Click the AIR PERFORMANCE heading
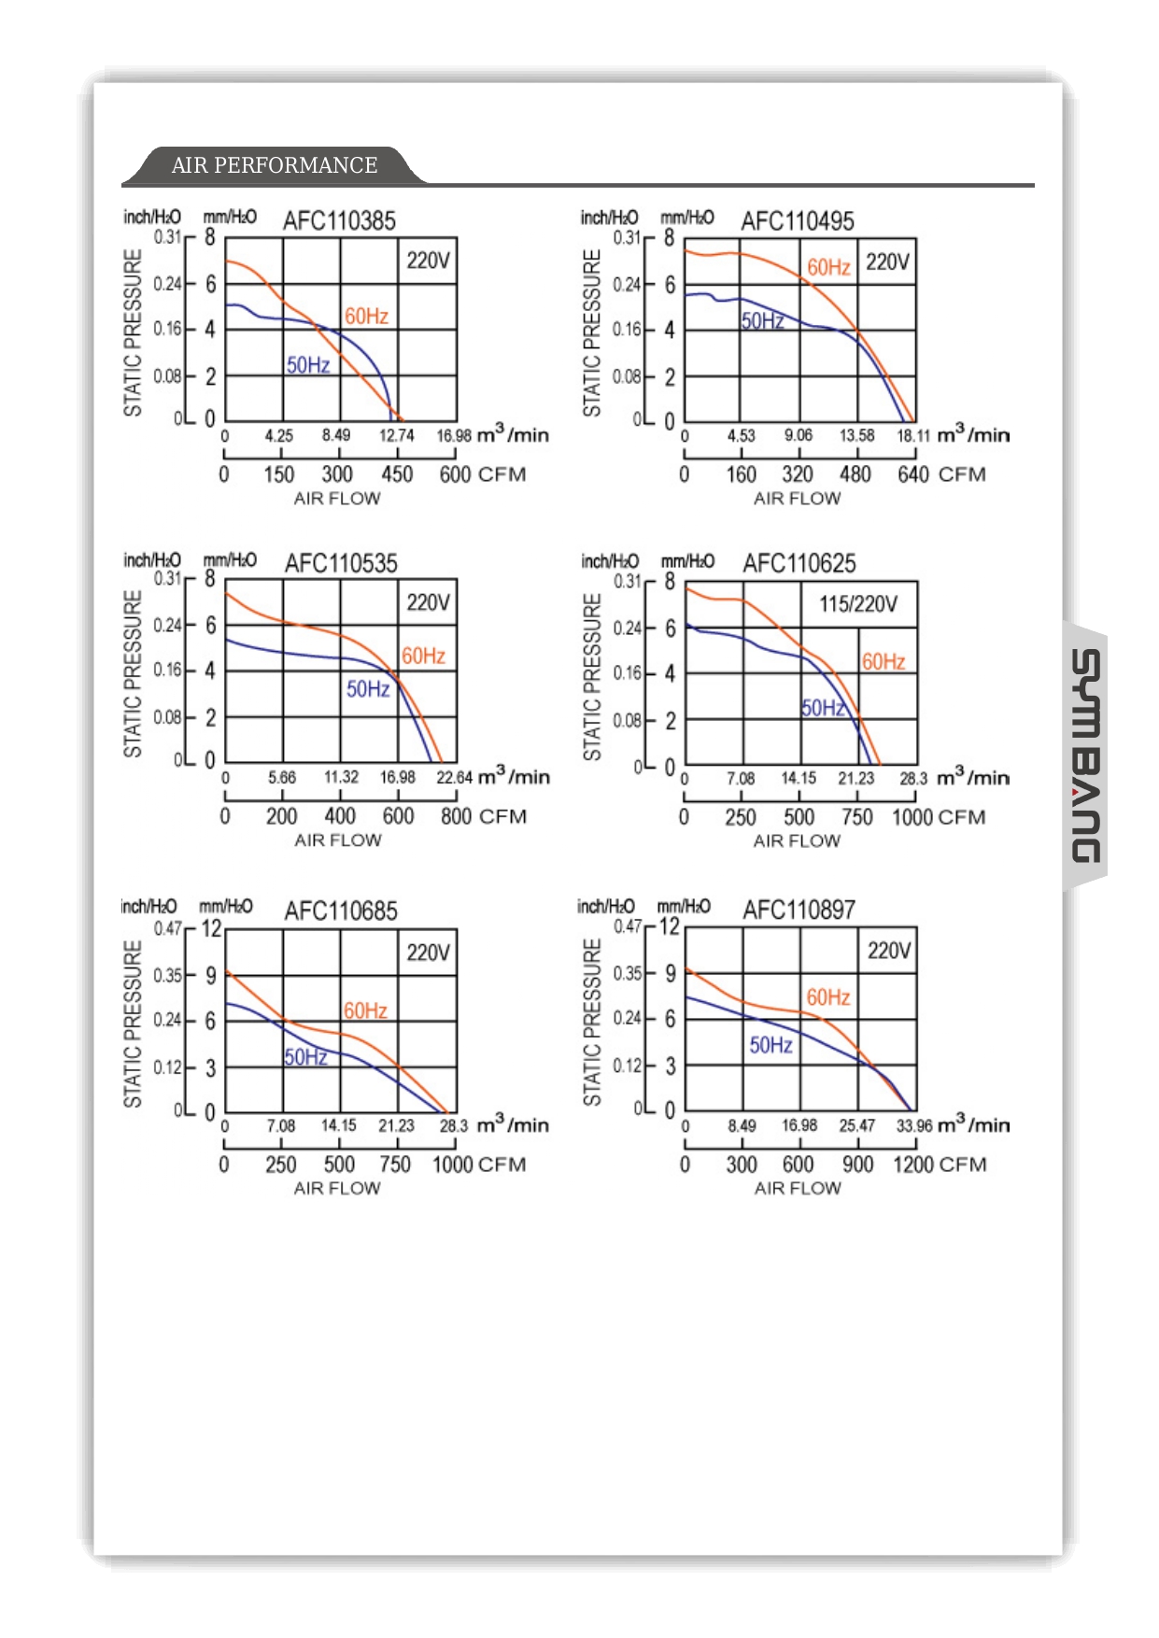(275, 165)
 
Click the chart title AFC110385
(339, 221)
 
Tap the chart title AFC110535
(341, 564)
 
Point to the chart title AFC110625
(799, 564)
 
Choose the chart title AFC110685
(341, 911)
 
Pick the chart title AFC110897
(799, 910)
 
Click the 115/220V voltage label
(858, 604)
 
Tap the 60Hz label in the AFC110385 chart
(366, 317)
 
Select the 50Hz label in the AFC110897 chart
(770, 1045)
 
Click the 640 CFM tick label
(913, 474)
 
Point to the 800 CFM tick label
(457, 817)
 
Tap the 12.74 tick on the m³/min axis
(396, 436)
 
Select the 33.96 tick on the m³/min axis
(913, 1126)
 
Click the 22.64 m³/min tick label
(454, 778)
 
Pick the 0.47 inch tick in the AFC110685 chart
(167, 928)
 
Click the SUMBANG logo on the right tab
(1085, 756)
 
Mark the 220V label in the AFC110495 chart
(886, 261)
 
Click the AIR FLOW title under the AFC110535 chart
(338, 840)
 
